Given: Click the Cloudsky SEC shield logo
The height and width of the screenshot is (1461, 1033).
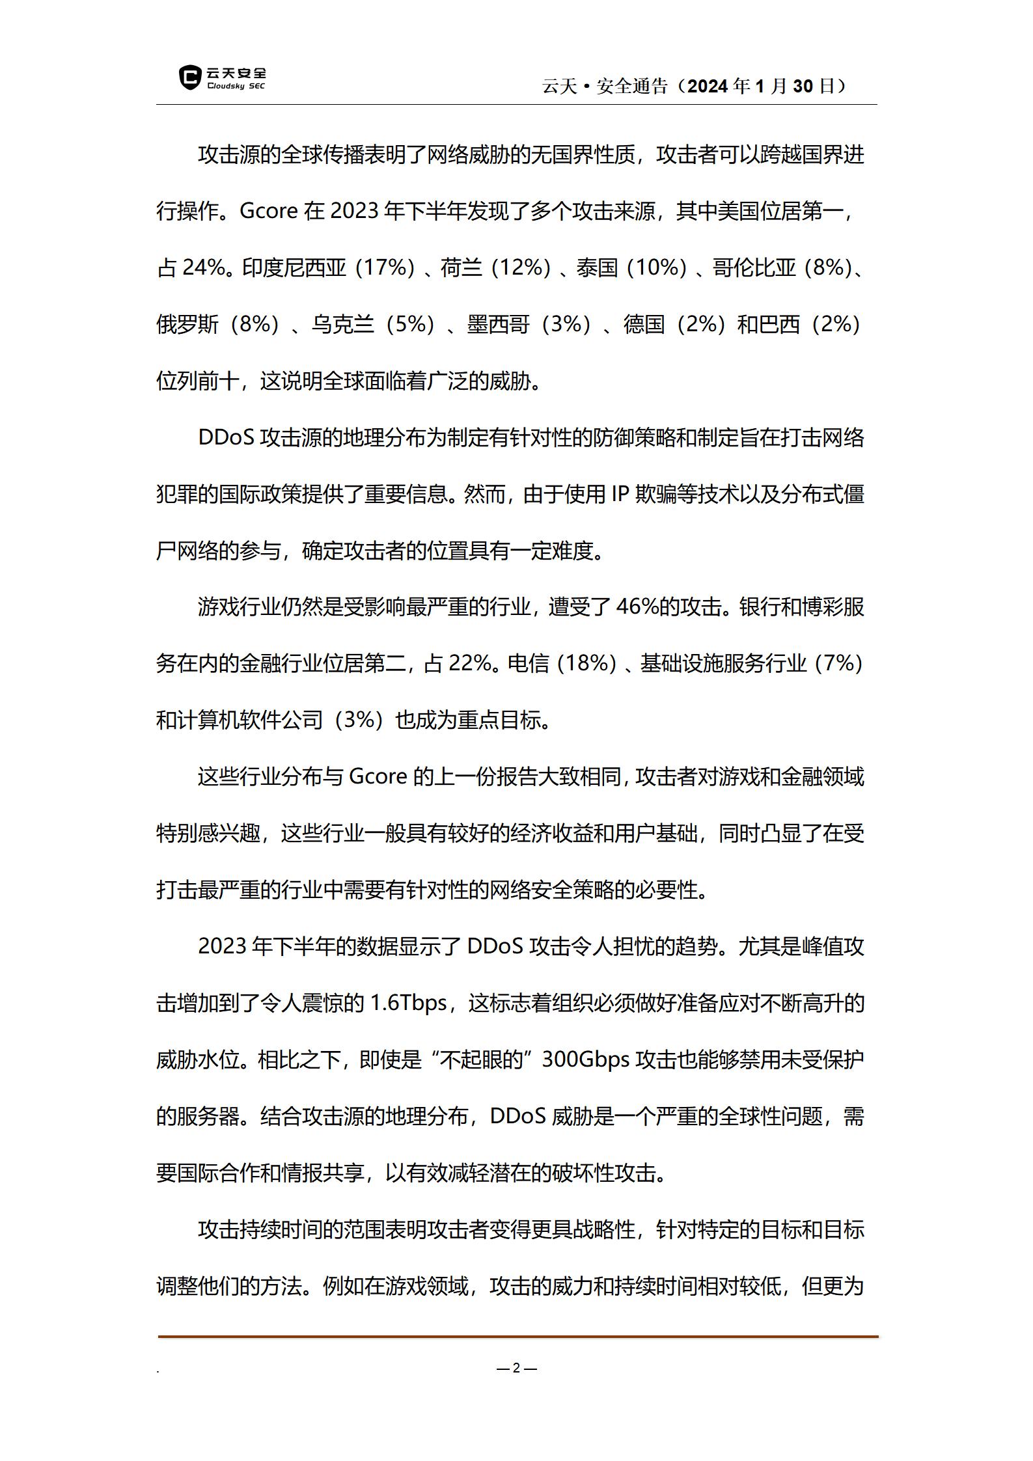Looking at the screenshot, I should tap(189, 78).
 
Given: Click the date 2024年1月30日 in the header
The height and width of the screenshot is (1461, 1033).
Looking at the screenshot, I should tap(760, 86).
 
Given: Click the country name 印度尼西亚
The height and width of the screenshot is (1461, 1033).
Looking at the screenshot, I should tap(294, 267).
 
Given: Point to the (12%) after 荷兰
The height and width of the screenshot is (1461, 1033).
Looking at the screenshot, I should tap(521, 267).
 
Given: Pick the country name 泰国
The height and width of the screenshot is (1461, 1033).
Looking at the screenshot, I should tap(597, 267).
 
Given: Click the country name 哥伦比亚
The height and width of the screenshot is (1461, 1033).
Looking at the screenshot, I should tap(754, 267).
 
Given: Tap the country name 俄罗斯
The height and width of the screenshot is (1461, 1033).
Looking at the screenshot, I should tap(187, 324).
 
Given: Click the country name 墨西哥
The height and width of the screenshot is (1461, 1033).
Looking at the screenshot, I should tap(498, 324).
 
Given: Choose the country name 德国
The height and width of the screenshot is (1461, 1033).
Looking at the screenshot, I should tap(644, 324).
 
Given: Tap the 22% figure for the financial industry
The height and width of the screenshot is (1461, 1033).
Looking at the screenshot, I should tap(470, 664).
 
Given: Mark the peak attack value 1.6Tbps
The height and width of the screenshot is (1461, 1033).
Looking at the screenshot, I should tap(408, 1003).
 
